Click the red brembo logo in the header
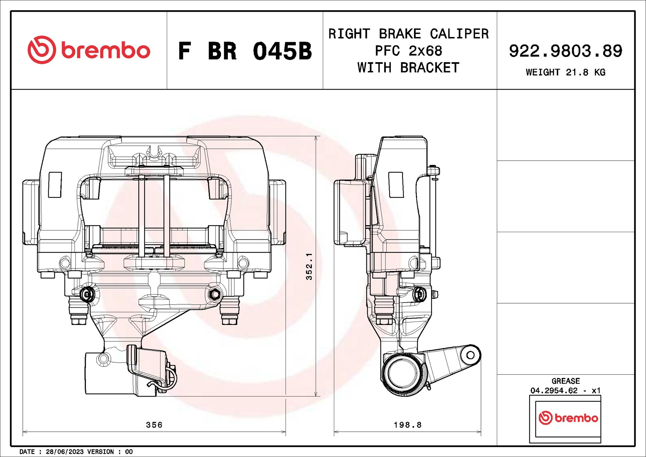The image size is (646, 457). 89,50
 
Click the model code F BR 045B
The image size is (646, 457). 244,51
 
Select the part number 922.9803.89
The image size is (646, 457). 565,51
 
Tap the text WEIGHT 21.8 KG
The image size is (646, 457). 565,73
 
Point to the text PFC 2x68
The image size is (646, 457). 408,51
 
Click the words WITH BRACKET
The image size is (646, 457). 408,68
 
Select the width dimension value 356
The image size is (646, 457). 154,425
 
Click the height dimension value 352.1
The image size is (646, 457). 309,266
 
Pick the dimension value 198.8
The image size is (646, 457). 407,425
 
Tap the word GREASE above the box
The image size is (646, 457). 566,381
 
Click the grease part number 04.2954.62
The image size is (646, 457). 554,391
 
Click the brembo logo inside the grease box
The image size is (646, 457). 568,418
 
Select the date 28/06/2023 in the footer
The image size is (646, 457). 65,452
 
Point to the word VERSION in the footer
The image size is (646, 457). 100,452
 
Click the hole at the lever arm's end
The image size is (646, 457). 470,355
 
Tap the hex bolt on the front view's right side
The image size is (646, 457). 214,295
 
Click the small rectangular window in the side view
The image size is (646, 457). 396,185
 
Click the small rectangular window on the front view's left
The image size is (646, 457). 55,185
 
